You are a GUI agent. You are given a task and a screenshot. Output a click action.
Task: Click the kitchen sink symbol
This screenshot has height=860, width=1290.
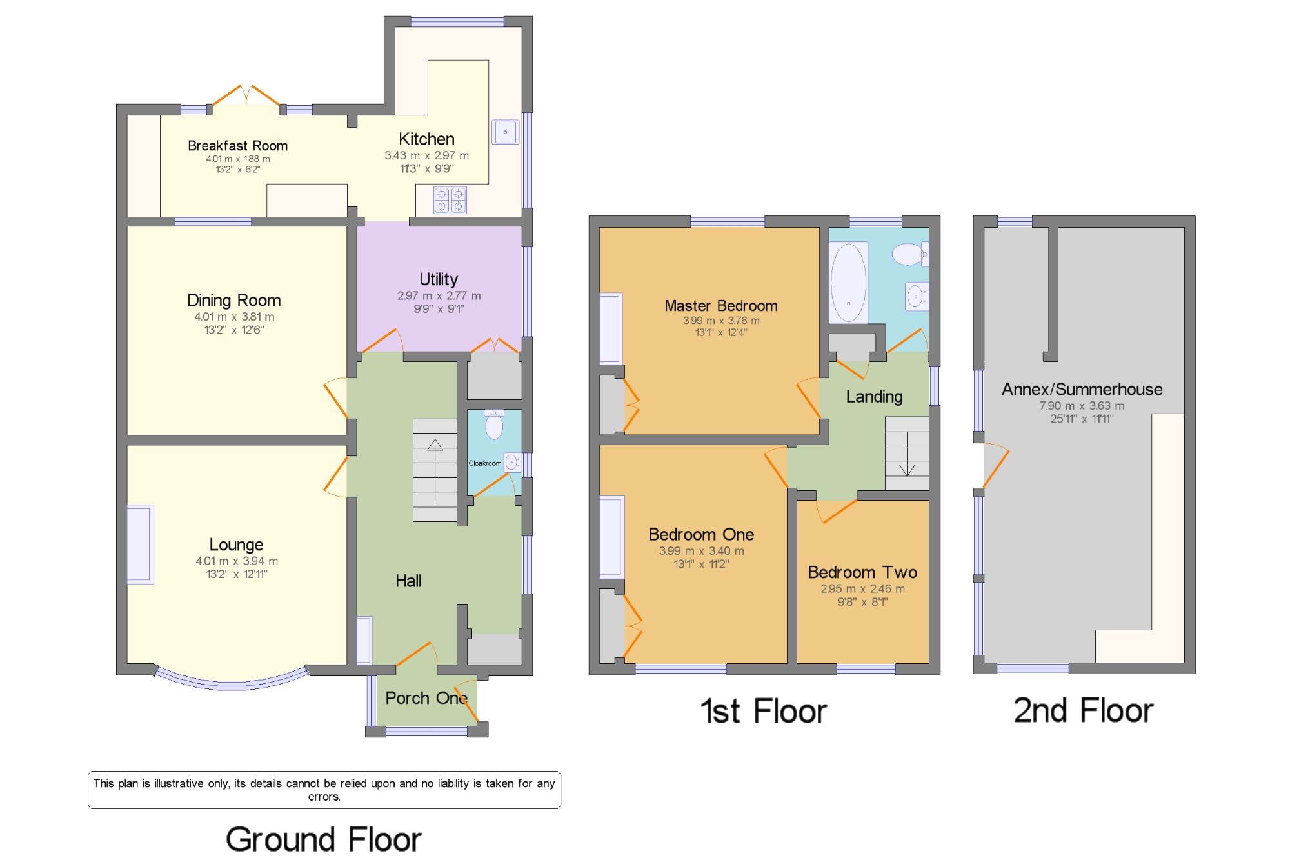[505, 132]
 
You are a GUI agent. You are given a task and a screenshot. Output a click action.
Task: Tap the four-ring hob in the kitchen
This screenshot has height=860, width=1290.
[450, 200]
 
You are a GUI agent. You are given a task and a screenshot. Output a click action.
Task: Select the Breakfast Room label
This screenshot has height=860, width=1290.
[237, 146]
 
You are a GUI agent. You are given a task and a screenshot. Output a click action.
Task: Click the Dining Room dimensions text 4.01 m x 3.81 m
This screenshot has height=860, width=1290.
[234, 317]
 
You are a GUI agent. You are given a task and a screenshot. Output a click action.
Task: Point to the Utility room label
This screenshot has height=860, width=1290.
[439, 279]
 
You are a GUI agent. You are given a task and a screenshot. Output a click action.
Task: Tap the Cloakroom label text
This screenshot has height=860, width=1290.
[484, 463]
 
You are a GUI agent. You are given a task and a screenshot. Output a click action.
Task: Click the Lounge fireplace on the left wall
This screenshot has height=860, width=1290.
[140, 545]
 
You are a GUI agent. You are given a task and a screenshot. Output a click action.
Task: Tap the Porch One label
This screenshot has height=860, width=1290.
[426, 698]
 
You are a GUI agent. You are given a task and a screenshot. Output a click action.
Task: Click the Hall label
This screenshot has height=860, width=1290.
[408, 581]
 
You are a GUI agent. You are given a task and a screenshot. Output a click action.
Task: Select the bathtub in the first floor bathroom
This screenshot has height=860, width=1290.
[848, 282]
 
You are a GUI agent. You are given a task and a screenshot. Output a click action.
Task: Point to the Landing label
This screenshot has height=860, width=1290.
[874, 397]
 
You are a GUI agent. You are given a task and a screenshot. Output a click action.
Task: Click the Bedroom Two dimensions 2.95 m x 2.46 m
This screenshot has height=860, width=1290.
[862, 589]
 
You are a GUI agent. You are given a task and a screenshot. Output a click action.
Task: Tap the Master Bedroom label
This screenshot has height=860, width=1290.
[720, 306]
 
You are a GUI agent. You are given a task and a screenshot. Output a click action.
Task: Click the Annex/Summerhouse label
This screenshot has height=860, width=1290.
[1082, 390]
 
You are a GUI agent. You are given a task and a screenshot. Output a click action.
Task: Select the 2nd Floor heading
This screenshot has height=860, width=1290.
[1083, 710]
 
